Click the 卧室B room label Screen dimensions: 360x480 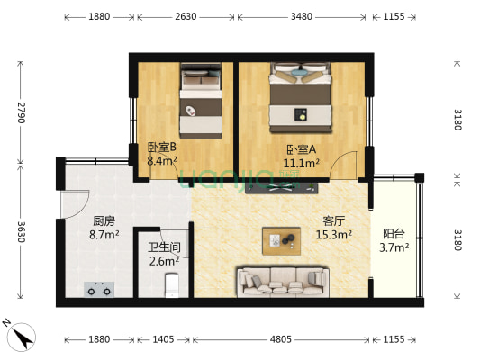point(161,148)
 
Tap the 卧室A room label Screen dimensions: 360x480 point(301,149)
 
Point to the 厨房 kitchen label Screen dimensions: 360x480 point(104,220)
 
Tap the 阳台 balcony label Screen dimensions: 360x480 point(394,232)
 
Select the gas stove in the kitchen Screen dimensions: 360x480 point(99,289)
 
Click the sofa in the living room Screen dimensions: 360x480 point(281,281)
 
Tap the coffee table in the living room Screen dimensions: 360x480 point(282,240)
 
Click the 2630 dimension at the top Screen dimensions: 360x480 point(186,16)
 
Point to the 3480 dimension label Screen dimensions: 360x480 point(302,16)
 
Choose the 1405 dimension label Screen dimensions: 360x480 point(162,339)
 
